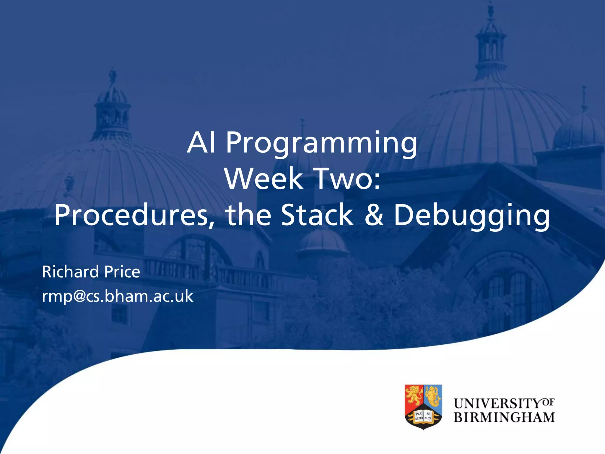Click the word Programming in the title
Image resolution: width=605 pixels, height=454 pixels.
[322, 145]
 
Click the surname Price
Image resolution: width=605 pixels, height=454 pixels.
[122, 272]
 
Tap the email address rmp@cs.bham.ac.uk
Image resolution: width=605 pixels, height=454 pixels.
[118, 296]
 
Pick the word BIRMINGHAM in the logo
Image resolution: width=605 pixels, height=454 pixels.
[504, 417]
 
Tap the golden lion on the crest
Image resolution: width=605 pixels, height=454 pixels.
[414, 395]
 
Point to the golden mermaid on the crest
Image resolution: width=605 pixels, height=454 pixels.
[432, 396]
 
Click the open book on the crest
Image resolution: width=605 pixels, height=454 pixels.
[423, 416]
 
